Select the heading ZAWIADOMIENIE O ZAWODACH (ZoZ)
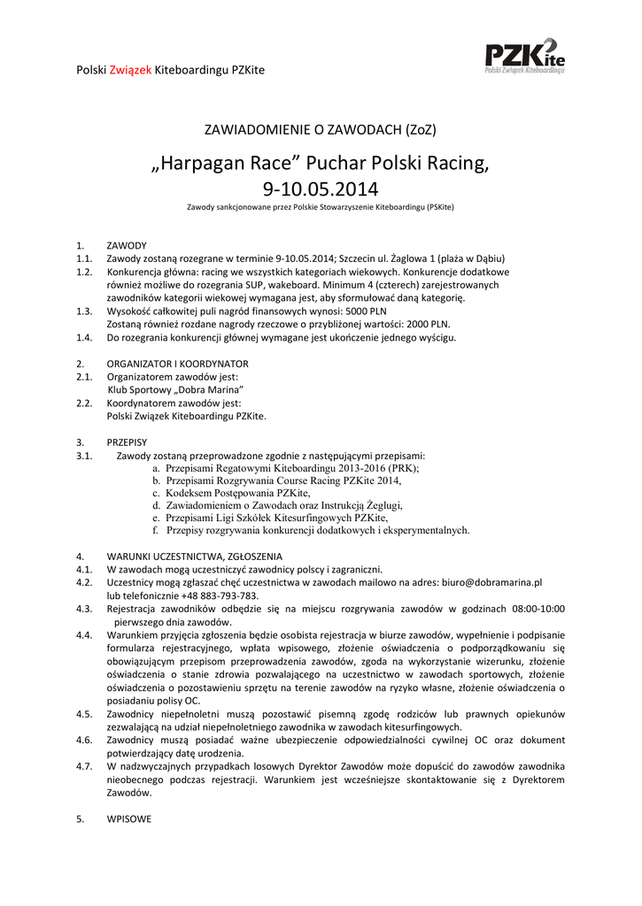(x=321, y=129)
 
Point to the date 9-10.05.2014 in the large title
(x=321, y=188)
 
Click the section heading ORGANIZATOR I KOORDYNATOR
(x=177, y=364)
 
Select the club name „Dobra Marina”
(x=201, y=389)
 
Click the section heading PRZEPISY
(x=127, y=441)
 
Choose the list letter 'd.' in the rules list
(x=157, y=505)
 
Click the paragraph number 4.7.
(x=84, y=766)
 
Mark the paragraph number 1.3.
(x=84, y=311)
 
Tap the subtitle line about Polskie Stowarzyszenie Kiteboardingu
(x=321, y=207)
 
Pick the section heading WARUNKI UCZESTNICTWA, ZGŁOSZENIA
(x=194, y=557)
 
